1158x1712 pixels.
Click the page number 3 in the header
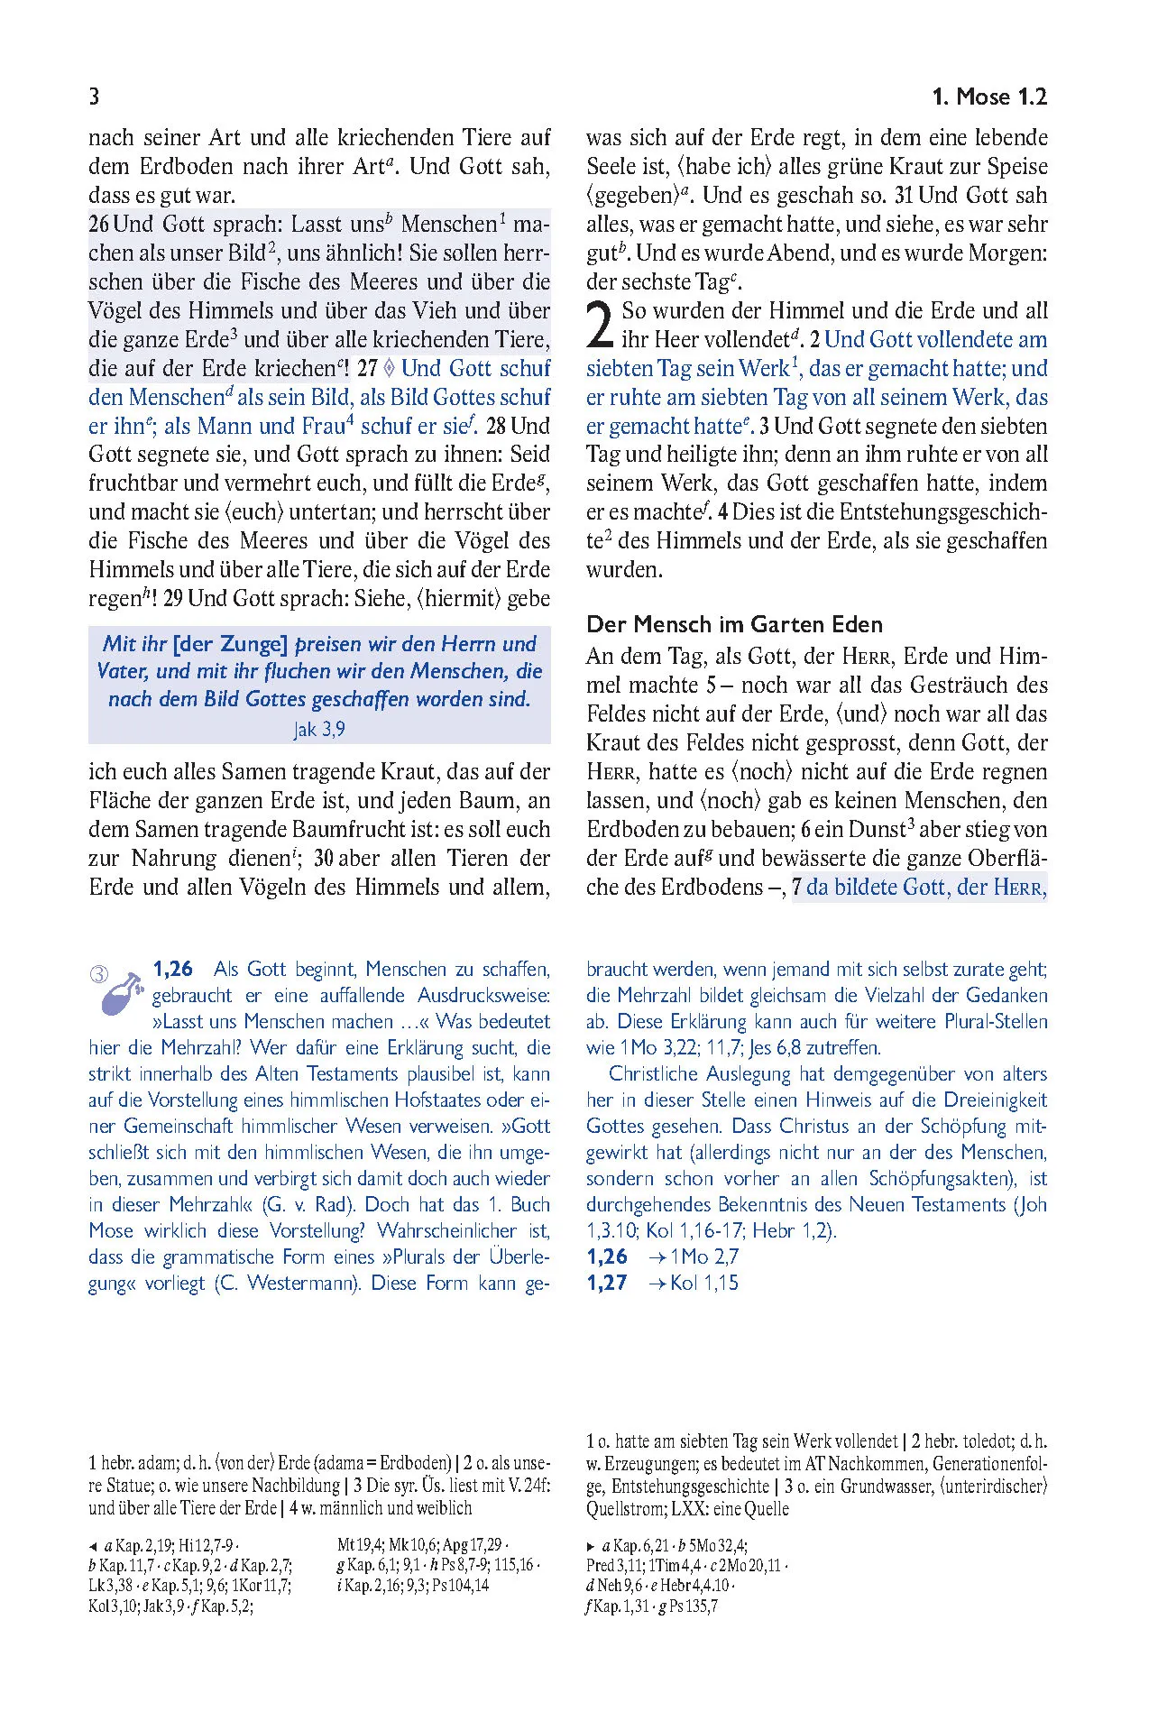click(94, 97)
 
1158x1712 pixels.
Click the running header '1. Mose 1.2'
click(988, 97)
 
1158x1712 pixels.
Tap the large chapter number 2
click(600, 327)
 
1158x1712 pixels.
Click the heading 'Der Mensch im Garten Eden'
click(734, 624)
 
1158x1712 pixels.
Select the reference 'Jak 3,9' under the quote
click(319, 729)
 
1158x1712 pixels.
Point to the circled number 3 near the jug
click(99, 974)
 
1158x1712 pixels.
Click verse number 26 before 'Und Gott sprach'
click(99, 224)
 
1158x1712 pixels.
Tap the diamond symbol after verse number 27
click(390, 368)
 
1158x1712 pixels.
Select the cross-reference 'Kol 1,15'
click(703, 1283)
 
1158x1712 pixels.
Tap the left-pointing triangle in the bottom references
click(93, 1546)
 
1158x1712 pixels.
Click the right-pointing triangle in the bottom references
click(591, 1546)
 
